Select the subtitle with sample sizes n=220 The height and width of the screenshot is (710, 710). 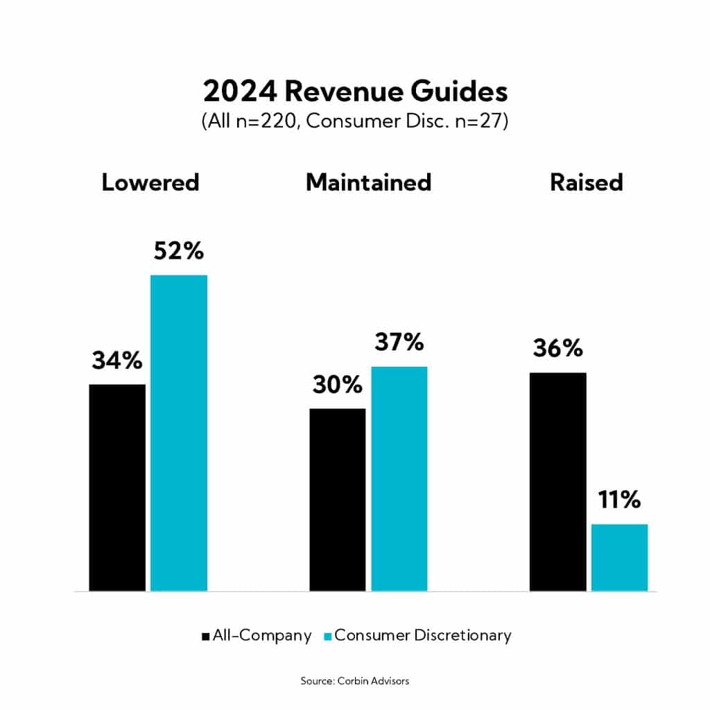click(355, 123)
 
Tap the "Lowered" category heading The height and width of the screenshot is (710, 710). click(150, 182)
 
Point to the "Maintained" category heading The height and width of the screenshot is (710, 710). click(368, 182)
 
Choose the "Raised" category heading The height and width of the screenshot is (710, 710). click(587, 182)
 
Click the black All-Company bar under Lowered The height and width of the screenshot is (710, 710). click(117, 487)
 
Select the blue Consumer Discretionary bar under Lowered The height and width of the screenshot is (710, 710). click(179, 433)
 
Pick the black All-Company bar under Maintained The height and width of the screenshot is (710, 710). click(337, 500)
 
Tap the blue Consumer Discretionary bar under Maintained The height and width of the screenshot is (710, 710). click(399, 478)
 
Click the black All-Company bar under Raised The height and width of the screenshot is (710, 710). click(557, 482)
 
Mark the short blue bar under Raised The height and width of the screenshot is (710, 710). click(619, 557)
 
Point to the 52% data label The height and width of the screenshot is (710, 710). click(179, 252)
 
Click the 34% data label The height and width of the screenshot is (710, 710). click(117, 361)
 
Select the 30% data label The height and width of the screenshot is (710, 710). click(337, 386)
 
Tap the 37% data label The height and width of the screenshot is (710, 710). click(398, 343)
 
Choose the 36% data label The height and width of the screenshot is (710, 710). click(557, 349)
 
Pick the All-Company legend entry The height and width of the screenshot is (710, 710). click(257, 635)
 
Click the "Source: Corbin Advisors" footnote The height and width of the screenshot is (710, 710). click(355, 681)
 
